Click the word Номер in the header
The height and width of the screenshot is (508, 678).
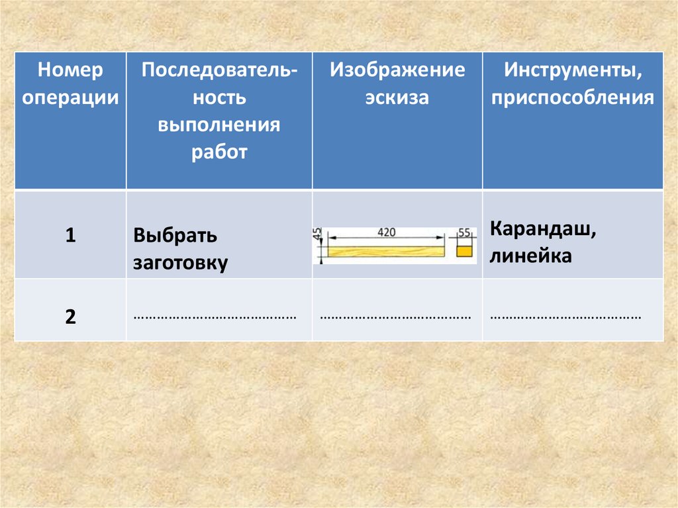tap(70, 70)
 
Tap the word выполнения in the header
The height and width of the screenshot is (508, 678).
tap(218, 125)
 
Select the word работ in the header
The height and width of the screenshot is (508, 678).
tap(219, 152)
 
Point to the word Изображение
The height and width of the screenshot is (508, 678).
tap(398, 70)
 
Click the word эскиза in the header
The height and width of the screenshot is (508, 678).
tap(397, 97)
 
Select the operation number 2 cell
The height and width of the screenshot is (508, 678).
tap(70, 316)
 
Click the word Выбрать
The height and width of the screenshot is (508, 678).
tap(175, 236)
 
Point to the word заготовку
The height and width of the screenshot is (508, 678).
tap(181, 262)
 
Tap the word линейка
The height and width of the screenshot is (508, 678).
tap(531, 256)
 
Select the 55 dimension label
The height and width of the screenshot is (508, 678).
tap(463, 233)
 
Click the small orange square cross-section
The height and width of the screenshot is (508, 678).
tap(464, 251)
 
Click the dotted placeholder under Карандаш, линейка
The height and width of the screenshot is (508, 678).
tap(566, 317)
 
